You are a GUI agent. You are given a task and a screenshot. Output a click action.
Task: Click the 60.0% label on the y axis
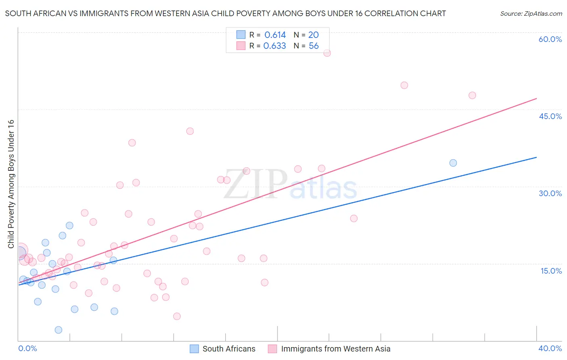[550, 39]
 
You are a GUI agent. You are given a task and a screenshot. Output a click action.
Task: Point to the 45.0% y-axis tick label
[550, 116]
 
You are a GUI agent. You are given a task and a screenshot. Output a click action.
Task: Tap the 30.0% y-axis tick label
[550, 193]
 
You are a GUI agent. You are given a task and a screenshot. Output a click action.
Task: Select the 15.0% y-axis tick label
[551, 271]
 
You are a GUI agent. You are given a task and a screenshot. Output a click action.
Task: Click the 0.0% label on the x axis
[27, 348]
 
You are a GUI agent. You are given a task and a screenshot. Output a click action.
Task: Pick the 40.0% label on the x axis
[550, 348]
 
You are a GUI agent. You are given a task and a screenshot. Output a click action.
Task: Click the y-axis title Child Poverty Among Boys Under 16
[11, 184]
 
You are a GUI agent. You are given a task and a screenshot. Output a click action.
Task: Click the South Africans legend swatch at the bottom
[194, 349]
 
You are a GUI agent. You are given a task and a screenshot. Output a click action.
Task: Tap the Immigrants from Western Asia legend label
[336, 349]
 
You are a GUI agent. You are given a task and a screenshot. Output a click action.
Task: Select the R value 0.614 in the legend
[275, 35]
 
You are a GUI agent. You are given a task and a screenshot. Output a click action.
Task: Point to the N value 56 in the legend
[314, 46]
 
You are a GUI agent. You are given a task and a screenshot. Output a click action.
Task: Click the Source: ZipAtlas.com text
[531, 14]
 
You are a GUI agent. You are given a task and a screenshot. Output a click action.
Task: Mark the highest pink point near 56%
[327, 53]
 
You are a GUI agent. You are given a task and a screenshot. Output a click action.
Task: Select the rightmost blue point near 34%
[453, 163]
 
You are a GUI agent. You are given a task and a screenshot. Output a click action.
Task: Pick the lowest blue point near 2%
[58, 330]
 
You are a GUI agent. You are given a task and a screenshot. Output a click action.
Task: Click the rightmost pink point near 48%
[472, 95]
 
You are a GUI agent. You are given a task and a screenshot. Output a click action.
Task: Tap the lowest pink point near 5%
[177, 316]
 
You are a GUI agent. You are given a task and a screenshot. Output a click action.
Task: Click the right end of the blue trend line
[536, 157]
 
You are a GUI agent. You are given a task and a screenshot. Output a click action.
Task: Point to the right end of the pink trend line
[536, 98]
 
